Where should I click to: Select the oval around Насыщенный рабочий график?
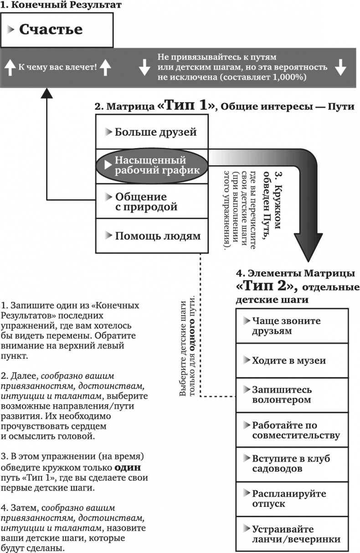click(x=151, y=165)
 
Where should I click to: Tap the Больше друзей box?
click(x=152, y=132)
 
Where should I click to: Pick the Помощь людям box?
click(x=152, y=236)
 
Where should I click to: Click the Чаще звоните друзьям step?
click(x=292, y=326)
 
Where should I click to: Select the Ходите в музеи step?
click(x=292, y=361)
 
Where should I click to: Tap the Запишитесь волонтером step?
click(x=292, y=395)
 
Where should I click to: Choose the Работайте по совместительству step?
click(x=292, y=430)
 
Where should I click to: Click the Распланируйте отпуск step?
click(x=292, y=499)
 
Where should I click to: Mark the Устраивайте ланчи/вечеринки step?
click(x=292, y=534)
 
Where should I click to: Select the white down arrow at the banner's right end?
click(x=340, y=67)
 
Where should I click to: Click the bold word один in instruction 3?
click(x=127, y=468)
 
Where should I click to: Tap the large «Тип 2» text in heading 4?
click(x=267, y=286)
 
